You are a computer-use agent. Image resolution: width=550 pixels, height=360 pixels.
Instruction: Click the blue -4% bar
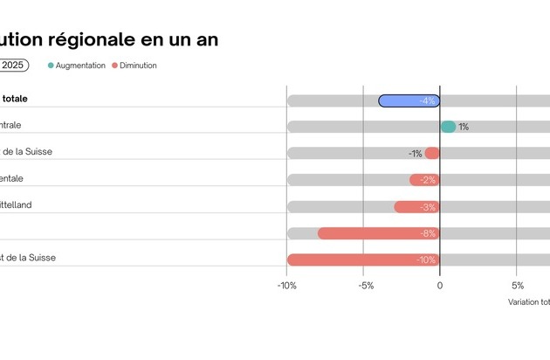[409, 100]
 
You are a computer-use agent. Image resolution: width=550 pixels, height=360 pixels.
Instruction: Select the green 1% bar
[448, 127]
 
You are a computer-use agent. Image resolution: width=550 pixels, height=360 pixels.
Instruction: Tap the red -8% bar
[378, 233]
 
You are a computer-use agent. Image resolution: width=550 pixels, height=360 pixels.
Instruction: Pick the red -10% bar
[363, 260]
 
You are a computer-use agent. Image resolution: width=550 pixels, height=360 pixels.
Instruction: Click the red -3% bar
[416, 207]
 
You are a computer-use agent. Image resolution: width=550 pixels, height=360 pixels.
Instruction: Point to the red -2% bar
[424, 180]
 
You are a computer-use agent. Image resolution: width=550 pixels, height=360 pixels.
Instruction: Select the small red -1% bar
[432, 154]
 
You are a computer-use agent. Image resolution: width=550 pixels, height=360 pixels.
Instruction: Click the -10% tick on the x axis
[286, 286]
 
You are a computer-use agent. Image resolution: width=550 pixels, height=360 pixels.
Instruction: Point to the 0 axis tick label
[440, 286]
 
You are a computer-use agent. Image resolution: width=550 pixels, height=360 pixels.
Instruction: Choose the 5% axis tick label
[517, 286]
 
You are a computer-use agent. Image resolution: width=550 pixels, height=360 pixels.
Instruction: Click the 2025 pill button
[13, 66]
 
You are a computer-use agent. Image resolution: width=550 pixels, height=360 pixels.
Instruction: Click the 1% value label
[464, 128]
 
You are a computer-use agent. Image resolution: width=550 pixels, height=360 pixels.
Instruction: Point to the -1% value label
[415, 154]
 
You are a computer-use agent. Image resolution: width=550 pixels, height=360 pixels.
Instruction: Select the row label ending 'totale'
[15, 99]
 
